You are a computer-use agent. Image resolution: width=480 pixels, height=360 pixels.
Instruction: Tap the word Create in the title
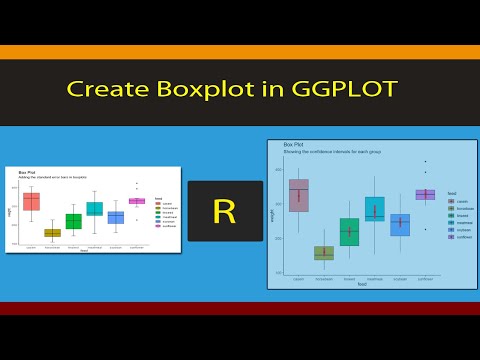(112, 89)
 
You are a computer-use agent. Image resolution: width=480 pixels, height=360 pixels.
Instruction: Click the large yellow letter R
(225, 211)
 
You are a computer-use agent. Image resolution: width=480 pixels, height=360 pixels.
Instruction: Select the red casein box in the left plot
(31, 201)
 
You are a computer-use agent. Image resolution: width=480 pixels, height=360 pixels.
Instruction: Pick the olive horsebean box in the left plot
(52, 233)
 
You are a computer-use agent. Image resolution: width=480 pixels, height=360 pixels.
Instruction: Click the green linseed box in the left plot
(73, 221)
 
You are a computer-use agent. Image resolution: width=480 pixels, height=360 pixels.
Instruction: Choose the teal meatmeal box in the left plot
(94, 209)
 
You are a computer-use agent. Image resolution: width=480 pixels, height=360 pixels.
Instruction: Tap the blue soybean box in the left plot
(116, 217)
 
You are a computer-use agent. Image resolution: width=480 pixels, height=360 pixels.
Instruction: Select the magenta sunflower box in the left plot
(137, 201)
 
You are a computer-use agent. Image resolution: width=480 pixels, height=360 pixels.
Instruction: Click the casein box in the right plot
(298, 195)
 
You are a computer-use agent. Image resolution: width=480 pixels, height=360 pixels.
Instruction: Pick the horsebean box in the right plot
(324, 253)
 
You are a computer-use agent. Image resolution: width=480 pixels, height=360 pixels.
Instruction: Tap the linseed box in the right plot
(349, 232)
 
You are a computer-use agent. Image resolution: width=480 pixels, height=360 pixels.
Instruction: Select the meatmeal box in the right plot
(375, 208)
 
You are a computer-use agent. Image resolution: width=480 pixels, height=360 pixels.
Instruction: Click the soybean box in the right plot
(400, 224)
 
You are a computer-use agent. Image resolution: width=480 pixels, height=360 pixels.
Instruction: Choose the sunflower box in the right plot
(425, 194)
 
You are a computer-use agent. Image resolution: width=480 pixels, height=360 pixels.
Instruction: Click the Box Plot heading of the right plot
(294, 145)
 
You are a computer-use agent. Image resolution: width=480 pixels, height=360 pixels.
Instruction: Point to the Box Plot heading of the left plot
(27, 172)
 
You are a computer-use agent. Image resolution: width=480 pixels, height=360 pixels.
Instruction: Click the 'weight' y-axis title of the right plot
(272, 213)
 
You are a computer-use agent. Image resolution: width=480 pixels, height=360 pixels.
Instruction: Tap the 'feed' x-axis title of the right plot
(361, 284)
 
